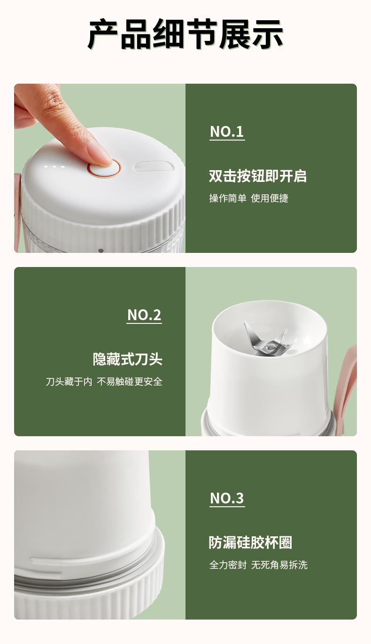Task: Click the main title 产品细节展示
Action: point(185,34)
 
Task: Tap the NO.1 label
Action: point(227,132)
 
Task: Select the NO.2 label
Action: point(144,315)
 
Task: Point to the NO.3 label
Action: point(227,498)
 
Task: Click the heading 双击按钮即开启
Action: point(257,176)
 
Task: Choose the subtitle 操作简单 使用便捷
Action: point(249,198)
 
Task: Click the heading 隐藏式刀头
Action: point(127,359)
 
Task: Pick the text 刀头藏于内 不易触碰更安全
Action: point(104,382)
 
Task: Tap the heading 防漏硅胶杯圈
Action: point(250,542)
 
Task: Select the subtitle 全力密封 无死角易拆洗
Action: point(258,565)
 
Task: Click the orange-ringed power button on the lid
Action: point(105,168)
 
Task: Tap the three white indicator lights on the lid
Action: point(54,166)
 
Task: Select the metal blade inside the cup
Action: point(270,339)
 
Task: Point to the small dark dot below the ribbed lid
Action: point(101,251)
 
